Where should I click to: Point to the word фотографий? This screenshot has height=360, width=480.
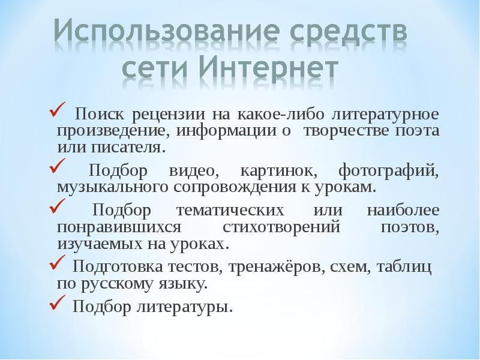coord(388,171)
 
